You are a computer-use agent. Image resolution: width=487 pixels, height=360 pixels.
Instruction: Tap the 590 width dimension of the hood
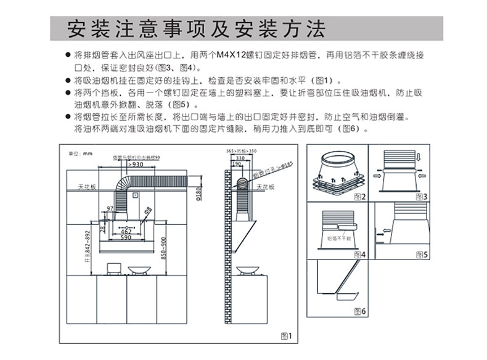(126, 237)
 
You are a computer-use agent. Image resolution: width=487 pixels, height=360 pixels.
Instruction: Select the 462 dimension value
(126, 231)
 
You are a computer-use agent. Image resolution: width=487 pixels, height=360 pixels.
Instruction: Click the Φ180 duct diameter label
(198, 192)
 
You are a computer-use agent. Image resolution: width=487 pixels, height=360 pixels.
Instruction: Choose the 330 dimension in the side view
(240, 158)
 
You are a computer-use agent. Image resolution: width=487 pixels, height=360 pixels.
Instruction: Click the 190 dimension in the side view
(236, 164)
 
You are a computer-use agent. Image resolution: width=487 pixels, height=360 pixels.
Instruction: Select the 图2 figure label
(361, 197)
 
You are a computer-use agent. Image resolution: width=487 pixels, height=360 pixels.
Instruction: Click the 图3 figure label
(421, 197)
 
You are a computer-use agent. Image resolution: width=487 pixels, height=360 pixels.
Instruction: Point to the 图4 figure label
(359, 254)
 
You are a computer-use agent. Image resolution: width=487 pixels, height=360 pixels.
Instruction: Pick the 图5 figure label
(421, 254)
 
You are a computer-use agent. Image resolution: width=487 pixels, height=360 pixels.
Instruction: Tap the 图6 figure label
(360, 311)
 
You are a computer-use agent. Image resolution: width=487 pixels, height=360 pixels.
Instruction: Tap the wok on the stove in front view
(139, 269)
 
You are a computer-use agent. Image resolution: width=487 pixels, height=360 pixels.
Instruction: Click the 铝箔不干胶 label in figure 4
(340, 237)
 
